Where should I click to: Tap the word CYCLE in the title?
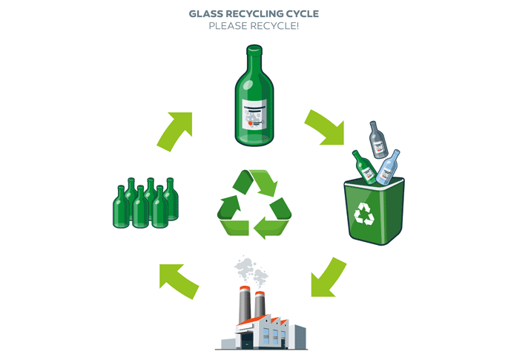pyautogui.click(x=303, y=13)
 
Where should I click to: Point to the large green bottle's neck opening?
pyautogui.click(x=254, y=48)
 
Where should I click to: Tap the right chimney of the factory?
pyautogui.click(x=260, y=305)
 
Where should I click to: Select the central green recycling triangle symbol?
pyautogui.click(x=254, y=203)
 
